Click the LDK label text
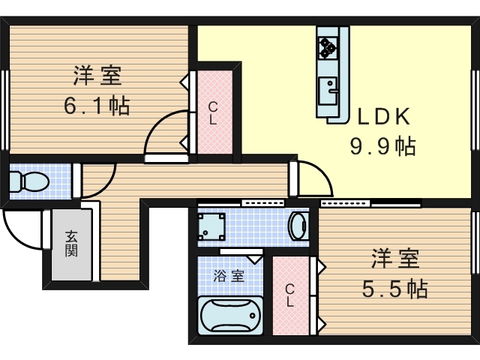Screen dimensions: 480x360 tap(384, 117)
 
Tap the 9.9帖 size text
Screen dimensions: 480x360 tap(383, 146)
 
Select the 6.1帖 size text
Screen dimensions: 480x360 tap(97, 105)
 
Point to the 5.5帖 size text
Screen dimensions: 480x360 tap(395, 289)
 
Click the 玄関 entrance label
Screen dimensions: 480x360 tap(71, 243)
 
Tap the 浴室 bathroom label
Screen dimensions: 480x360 tap(229, 276)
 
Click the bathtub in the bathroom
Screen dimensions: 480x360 tap(230, 315)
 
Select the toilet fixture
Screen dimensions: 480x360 tap(29, 181)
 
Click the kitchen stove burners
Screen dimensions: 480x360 tap(328, 48)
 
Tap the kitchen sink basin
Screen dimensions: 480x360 tap(328, 91)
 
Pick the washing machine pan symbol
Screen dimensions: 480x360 tap(211, 226)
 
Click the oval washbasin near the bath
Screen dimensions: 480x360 tap(298, 226)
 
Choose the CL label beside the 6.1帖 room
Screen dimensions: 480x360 tap(213, 113)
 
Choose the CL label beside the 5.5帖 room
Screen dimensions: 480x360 tap(289, 295)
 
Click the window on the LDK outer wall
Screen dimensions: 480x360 tap(475, 110)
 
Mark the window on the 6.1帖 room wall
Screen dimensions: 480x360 tap(5, 110)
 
